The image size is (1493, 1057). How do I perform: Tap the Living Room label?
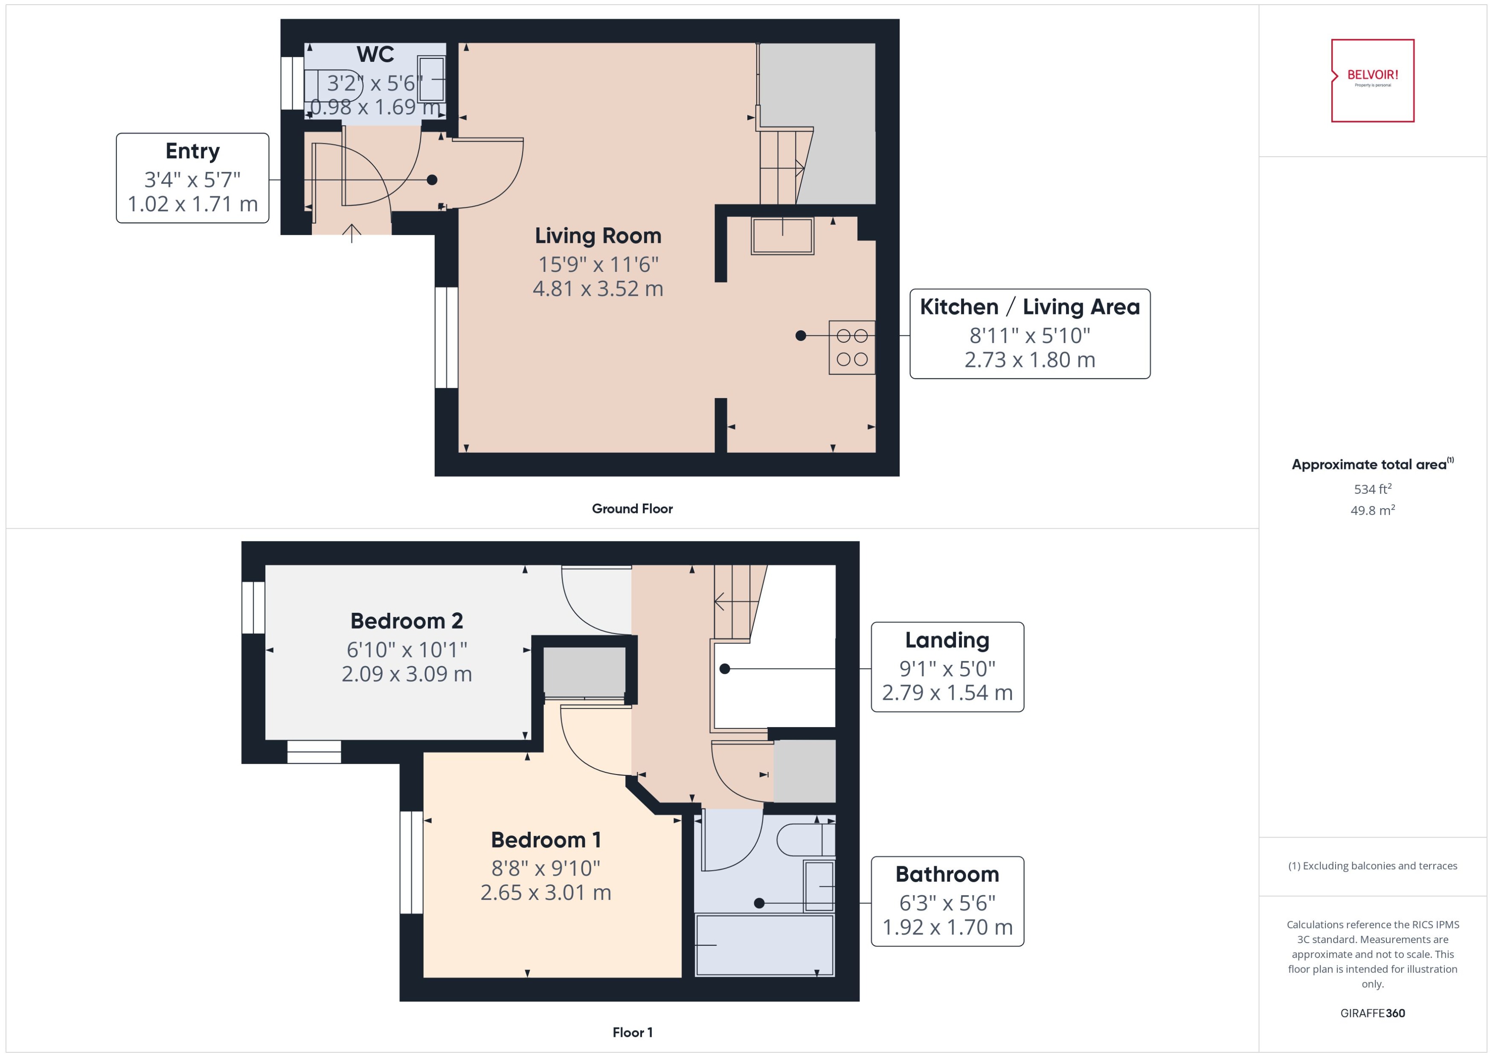[597, 236]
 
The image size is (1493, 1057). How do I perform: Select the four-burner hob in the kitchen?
[851, 347]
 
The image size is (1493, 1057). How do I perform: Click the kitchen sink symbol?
[782, 236]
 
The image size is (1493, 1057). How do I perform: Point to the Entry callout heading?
[192, 151]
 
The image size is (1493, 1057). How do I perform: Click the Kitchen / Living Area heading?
[1029, 306]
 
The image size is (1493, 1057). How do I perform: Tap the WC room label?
[375, 55]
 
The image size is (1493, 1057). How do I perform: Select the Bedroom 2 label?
[407, 621]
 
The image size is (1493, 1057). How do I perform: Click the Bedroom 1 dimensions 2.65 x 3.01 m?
[545, 892]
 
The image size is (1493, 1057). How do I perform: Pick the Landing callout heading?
[947, 641]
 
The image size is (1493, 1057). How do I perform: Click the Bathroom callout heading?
[947, 874]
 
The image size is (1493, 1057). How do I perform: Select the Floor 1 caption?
[632, 1032]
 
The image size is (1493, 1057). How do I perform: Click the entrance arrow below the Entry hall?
[351, 233]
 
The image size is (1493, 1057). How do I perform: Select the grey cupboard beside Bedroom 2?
[584, 672]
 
